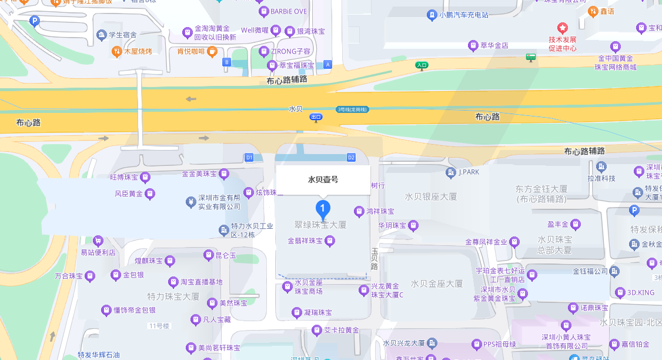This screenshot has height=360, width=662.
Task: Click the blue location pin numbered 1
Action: tap(322, 209)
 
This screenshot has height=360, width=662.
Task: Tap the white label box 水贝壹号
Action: tap(323, 180)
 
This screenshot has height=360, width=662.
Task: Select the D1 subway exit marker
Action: tap(249, 158)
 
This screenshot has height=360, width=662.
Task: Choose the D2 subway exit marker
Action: tap(352, 158)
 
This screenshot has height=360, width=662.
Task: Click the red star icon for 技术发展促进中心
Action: tap(563, 28)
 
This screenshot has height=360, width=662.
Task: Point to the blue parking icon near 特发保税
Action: tap(634, 211)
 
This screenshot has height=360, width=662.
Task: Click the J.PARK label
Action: tap(469, 172)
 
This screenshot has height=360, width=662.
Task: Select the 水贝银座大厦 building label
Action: tap(431, 196)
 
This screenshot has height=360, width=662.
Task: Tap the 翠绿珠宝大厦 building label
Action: tap(320, 225)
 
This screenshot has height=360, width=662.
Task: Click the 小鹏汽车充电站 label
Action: tap(464, 15)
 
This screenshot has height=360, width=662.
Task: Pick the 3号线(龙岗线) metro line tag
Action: tap(352, 109)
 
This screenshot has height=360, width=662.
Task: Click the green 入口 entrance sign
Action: tap(422, 65)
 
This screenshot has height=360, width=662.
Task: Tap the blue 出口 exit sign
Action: tap(316, 117)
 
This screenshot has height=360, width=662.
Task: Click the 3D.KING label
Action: tap(640, 292)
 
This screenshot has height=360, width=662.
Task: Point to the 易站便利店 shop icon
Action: tap(98, 241)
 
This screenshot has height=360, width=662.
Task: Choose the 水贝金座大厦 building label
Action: tap(437, 284)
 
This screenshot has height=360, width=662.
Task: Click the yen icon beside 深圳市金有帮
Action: tap(190, 202)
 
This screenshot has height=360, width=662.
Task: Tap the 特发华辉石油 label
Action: tap(99, 355)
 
